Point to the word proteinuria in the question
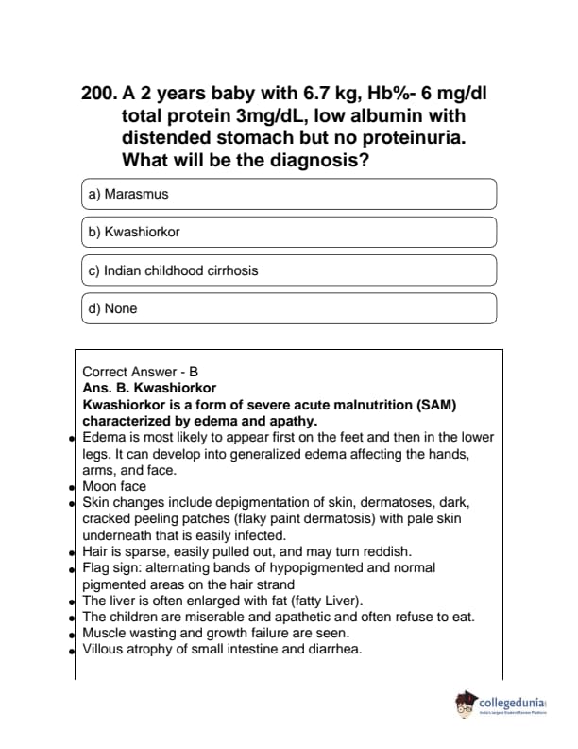coord(424,138)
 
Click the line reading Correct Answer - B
coord(141,373)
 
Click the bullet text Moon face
coord(114,486)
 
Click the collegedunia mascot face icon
coord(465,705)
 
